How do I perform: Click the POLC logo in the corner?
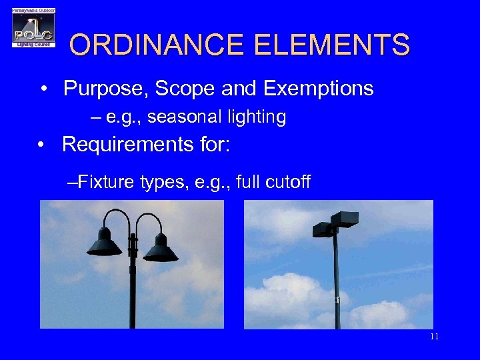tap(33, 27)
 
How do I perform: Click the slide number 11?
tap(435, 337)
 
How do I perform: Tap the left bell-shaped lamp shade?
tap(105, 244)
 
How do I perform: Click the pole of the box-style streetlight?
tap(337, 287)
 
